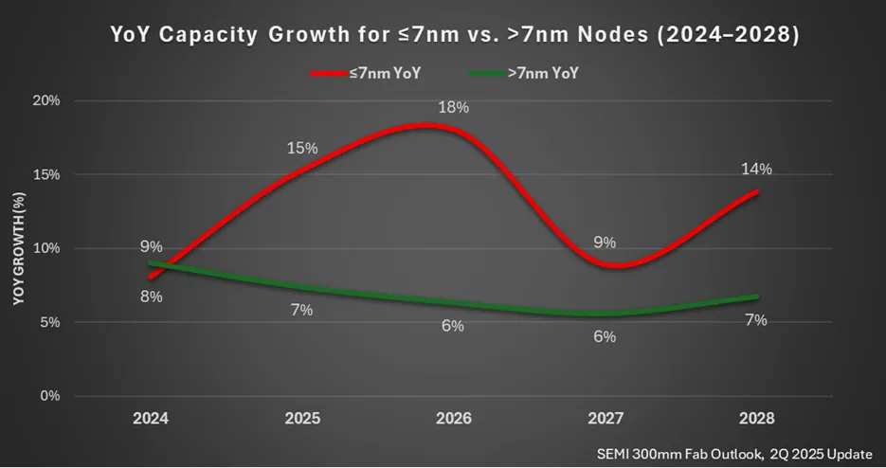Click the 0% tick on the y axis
[x=49, y=395]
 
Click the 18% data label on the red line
[x=453, y=107]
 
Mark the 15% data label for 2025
[x=302, y=148]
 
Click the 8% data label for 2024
[x=152, y=297]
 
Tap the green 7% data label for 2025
[x=302, y=310]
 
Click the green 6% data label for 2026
[x=453, y=326]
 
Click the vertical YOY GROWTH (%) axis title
[x=18, y=248]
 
